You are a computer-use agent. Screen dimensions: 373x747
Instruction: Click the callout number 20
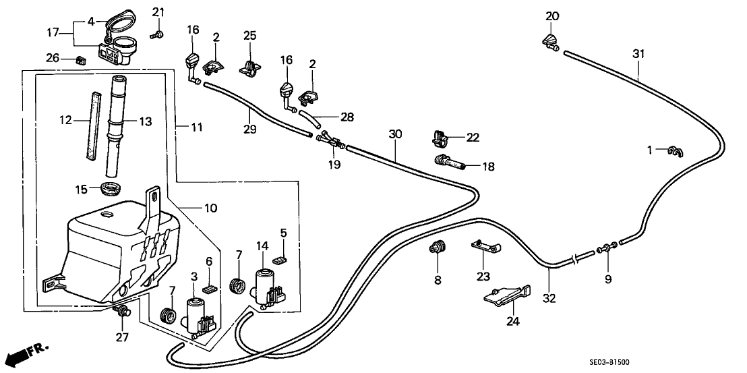click(x=552, y=16)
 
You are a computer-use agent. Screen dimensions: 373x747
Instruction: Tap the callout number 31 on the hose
click(x=638, y=53)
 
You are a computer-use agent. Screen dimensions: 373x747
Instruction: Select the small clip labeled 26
click(x=82, y=59)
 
